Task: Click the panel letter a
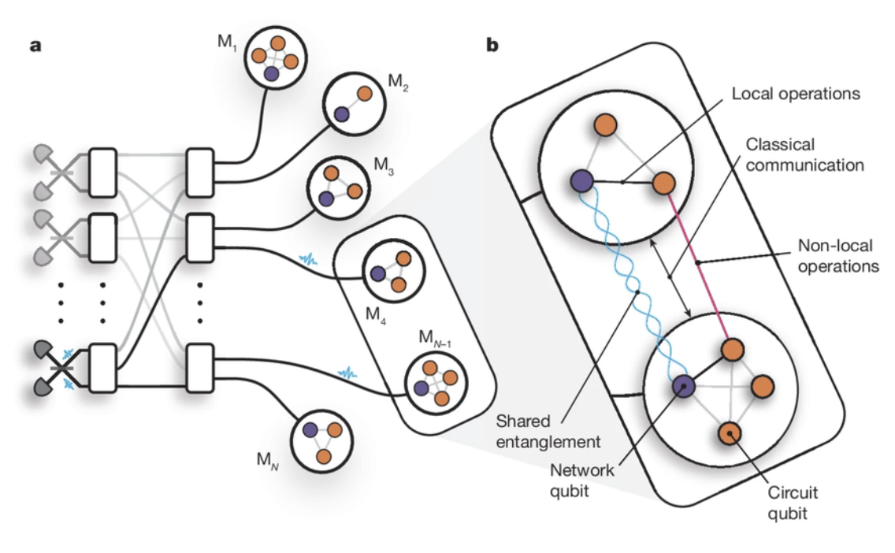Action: tap(35, 45)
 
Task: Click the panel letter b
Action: tap(492, 45)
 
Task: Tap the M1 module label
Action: tap(228, 41)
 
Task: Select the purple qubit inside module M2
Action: tap(341, 114)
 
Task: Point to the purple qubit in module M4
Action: tap(378, 274)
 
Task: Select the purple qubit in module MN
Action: tap(310, 430)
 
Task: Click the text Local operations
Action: tap(795, 94)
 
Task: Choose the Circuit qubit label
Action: tap(793, 502)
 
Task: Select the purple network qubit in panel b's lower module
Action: tap(682, 386)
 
